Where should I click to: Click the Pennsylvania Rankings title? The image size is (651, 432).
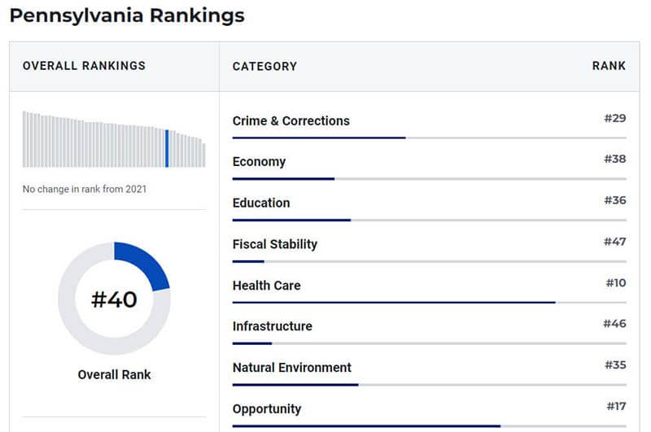point(127,15)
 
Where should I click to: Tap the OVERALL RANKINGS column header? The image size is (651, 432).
point(84,66)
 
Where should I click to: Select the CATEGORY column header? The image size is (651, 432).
point(264,66)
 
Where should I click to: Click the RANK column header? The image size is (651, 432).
point(609,66)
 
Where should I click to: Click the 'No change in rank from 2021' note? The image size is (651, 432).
point(85,190)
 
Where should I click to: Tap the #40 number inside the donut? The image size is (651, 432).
point(114,299)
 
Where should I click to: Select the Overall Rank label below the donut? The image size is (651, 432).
point(114,375)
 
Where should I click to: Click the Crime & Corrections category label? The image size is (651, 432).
point(291,121)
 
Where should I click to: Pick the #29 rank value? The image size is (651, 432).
point(614,119)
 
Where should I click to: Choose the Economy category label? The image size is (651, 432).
point(259,162)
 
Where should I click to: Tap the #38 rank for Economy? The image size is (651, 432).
point(614,159)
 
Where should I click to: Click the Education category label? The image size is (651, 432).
point(260,203)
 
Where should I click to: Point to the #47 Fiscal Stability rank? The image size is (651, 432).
point(614,242)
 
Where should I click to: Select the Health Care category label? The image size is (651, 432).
point(266,286)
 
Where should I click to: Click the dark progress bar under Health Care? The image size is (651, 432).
point(393,303)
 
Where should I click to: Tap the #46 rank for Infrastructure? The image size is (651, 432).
point(614,324)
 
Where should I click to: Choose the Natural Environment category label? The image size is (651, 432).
point(291,368)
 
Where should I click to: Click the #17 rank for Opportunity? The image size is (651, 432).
point(616,406)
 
